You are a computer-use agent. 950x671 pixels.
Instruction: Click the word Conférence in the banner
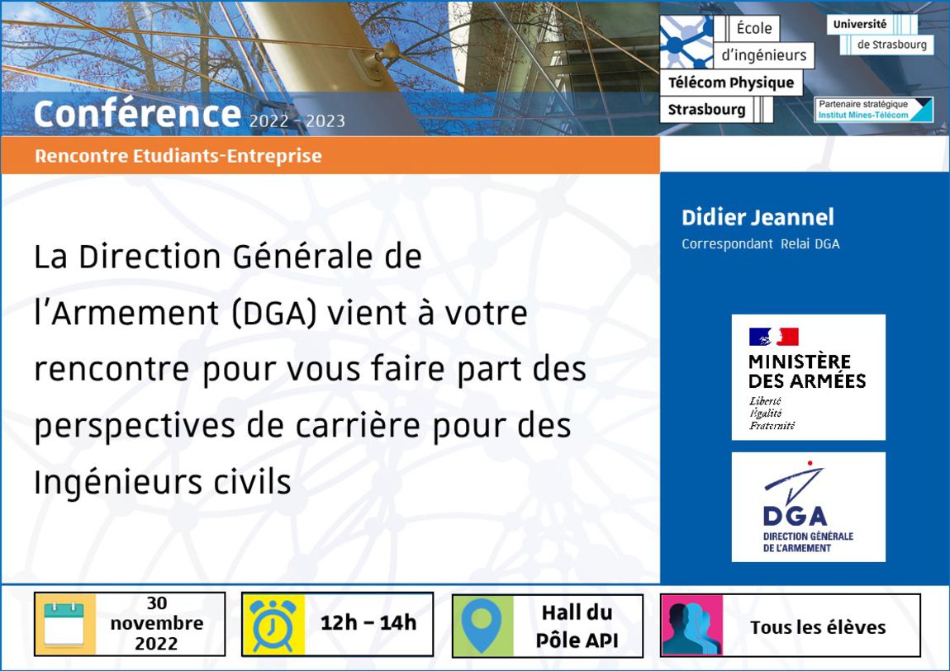(x=137, y=114)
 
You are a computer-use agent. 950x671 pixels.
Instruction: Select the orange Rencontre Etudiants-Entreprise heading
(x=178, y=156)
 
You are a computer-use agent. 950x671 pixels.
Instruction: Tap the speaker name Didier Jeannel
(x=758, y=217)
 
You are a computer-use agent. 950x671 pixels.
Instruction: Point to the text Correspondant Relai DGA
(x=760, y=243)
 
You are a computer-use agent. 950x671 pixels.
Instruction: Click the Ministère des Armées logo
(x=808, y=377)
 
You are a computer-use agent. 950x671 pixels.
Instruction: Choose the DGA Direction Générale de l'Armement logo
(x=808, y=507)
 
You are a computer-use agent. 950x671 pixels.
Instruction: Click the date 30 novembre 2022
(x=157, y=623)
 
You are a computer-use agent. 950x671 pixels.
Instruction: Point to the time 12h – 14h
(x=368, y=622)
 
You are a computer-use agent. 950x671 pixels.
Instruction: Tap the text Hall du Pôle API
(x=577, y=626)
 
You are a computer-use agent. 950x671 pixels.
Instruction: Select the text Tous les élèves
(x=818, y=627)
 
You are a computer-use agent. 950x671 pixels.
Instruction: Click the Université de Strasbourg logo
(x=880, y=35)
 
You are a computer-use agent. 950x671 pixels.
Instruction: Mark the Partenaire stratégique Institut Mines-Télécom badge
(x=873, y=110)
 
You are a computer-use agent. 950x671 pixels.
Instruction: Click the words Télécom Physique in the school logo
(x=731, y=83)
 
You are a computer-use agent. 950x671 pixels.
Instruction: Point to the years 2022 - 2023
(x=297, y=121)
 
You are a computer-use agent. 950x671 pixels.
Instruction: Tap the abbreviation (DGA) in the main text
(x=274, y=313)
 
